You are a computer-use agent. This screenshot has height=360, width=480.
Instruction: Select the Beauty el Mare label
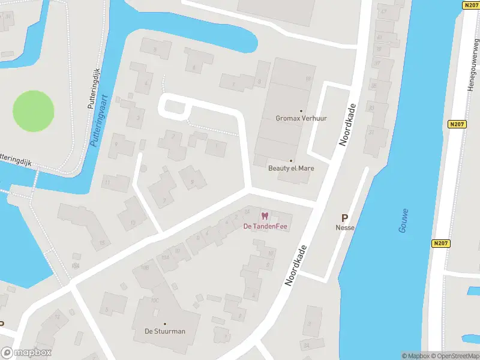291,168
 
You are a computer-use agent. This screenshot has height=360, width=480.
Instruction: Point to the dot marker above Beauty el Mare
291,161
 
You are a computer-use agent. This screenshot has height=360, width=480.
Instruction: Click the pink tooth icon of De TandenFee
265,216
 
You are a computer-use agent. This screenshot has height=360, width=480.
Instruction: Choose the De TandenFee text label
265,226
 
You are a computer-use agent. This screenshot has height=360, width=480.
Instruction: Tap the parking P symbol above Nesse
344,218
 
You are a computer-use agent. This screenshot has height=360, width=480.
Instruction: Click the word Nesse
344,228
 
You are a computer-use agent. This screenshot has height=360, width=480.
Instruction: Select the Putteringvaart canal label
98,121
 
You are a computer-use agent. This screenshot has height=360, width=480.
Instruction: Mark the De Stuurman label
165,331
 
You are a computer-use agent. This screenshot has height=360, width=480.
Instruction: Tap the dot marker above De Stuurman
165,324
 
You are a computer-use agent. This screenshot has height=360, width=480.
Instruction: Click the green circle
34,111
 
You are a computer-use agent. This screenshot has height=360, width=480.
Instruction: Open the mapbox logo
26,353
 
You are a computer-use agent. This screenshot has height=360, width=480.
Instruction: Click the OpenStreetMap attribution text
454,356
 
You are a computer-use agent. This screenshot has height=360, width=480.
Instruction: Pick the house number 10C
155,300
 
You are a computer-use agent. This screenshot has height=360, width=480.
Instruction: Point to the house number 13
133,222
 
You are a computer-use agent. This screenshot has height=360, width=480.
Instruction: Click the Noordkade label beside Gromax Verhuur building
347,125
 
